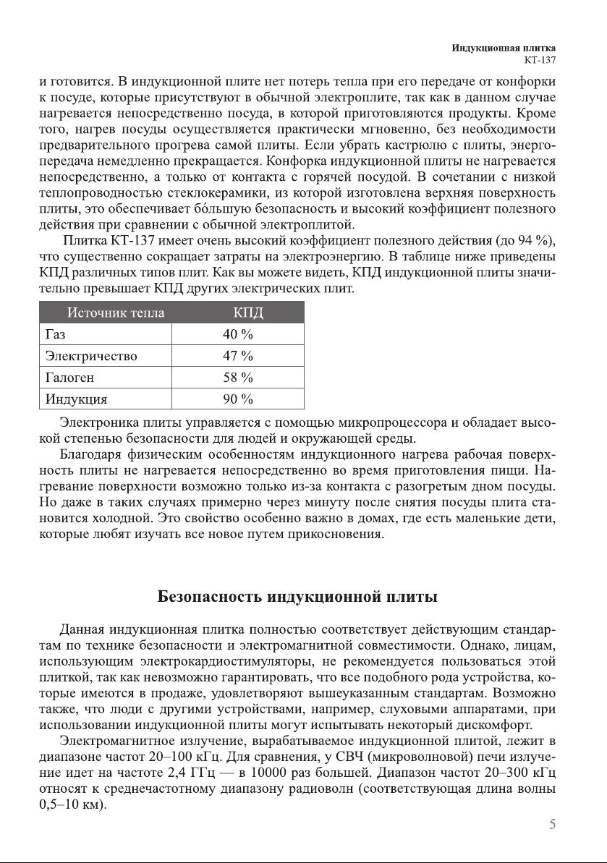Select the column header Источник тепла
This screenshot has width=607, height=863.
(116, 313)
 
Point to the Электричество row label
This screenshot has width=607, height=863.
(91, 356)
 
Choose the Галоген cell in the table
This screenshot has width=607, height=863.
(69, 378)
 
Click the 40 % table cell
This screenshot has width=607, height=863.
(237, 334)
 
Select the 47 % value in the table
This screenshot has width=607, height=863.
(237, 356)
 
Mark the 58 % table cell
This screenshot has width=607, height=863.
(237, 378)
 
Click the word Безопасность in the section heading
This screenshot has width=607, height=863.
(211, 598)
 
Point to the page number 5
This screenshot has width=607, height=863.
(552, 825)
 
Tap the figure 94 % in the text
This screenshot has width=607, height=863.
(533, 240)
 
